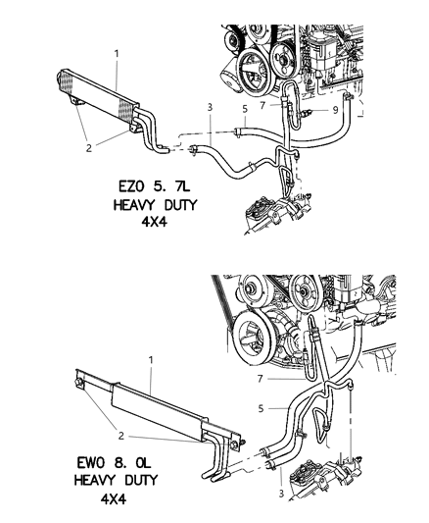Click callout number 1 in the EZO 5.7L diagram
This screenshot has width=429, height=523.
(116, 53)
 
